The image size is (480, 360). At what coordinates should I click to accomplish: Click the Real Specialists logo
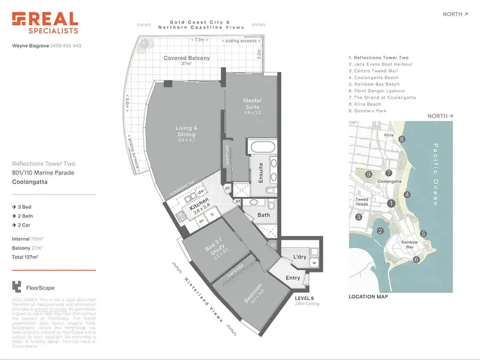pyautogui.click(x=45, y=22)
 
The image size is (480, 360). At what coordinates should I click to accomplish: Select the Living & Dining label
pyautogui.click(x=186, y=132)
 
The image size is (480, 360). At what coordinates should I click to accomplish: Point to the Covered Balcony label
pyautogui.click(x=186, y=58)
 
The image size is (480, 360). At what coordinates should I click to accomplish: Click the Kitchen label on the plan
pyautogui.click(x=199, y=208)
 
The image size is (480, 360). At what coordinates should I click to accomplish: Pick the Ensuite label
pyautogui.click(x=260, y=173)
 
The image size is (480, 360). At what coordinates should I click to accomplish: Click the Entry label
pyautogui.click(x=293, y=278)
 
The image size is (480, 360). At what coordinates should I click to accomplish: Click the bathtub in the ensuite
pyautogui.click(x=264, y=146)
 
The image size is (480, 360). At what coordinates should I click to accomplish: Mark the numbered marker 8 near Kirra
pyautogui.click(x=402, y=139)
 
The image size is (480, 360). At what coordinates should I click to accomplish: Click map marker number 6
pyautogui.click(x=416, y=260)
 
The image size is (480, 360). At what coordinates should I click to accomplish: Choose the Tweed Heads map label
pyautogui.click(x=362, y=202)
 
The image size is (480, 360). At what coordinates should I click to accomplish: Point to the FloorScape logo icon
pyautogui.click(x=17, y=287)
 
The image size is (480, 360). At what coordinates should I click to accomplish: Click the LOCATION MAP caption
pyautogui.click(x=368, y=297)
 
